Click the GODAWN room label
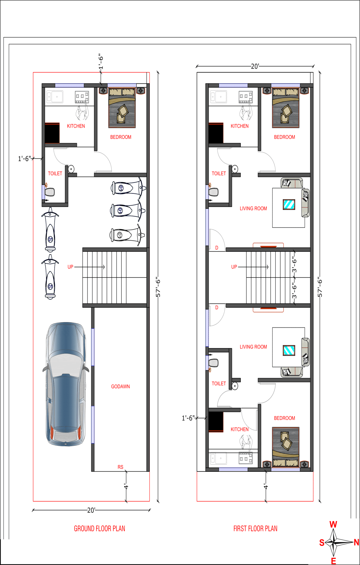(x=120, y=386)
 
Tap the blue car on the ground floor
(x=66, y=384)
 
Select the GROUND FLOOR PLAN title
(x=100, y=529)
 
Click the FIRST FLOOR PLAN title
(x=255, y=529)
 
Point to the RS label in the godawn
(x=121, y=467)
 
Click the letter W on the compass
(x=333, y=524)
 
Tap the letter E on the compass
(x=333, y=561)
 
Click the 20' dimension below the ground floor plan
(x=91, y=510)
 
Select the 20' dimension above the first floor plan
(x=255, y=66)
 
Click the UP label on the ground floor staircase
(x=70, y=267)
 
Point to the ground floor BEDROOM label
(x=121, y=137)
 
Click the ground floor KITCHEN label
(x=76, y=126)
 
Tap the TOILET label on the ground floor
(x=55, y=173)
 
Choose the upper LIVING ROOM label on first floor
(x=253, y=208)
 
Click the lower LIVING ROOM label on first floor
(x=253, y=347)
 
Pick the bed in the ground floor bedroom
(x=122, y=108)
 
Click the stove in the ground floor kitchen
(x=82, y=97)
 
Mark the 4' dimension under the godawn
(x=126, y=486)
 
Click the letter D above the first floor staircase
(x=217, y=248)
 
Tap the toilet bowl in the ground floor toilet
(x=50, y=192)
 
